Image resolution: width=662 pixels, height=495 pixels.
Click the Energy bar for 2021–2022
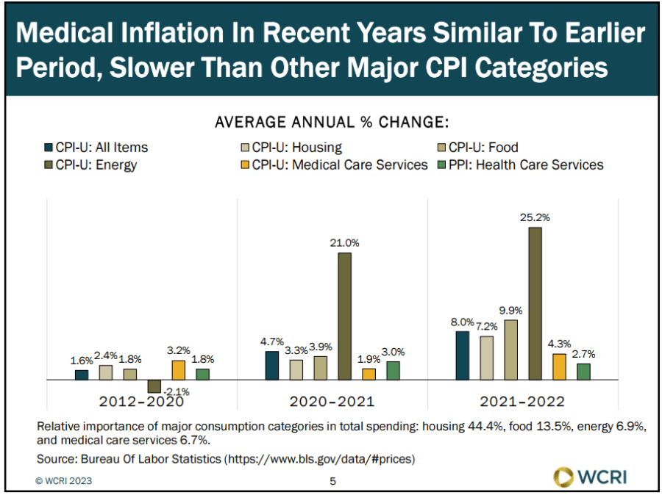[x=535, y=303]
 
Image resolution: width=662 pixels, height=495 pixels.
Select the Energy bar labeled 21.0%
[x=344, y=316]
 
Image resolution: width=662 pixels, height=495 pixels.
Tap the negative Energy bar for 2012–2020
[x=154, y=386]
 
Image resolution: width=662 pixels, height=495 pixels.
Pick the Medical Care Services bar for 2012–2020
[x=178, y=370]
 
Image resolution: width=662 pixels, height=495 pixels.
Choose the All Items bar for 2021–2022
[x=462, y=355]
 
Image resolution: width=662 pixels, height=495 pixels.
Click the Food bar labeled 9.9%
[x=510, y=350]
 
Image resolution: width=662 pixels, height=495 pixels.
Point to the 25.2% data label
[x=535, y=217]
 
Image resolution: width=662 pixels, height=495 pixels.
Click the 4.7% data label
[x=271, y=342]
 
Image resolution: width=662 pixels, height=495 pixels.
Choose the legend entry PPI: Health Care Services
[x=539, y=165]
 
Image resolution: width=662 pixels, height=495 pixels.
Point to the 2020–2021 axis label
[x=332, y=402]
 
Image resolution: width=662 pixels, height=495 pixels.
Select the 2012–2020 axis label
[x=141, y=402]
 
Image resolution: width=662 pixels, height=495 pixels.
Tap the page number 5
[x=332, y=481]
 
